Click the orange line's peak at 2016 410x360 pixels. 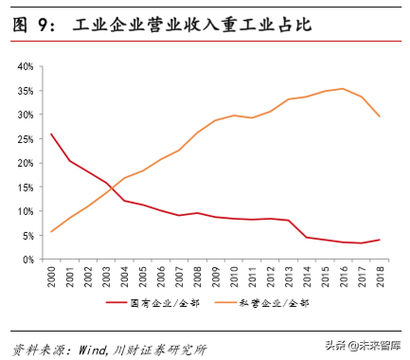(343, 89)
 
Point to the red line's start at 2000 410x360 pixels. (51, 134)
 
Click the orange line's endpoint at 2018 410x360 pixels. (380, 117)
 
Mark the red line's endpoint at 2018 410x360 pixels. (380, 240)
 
